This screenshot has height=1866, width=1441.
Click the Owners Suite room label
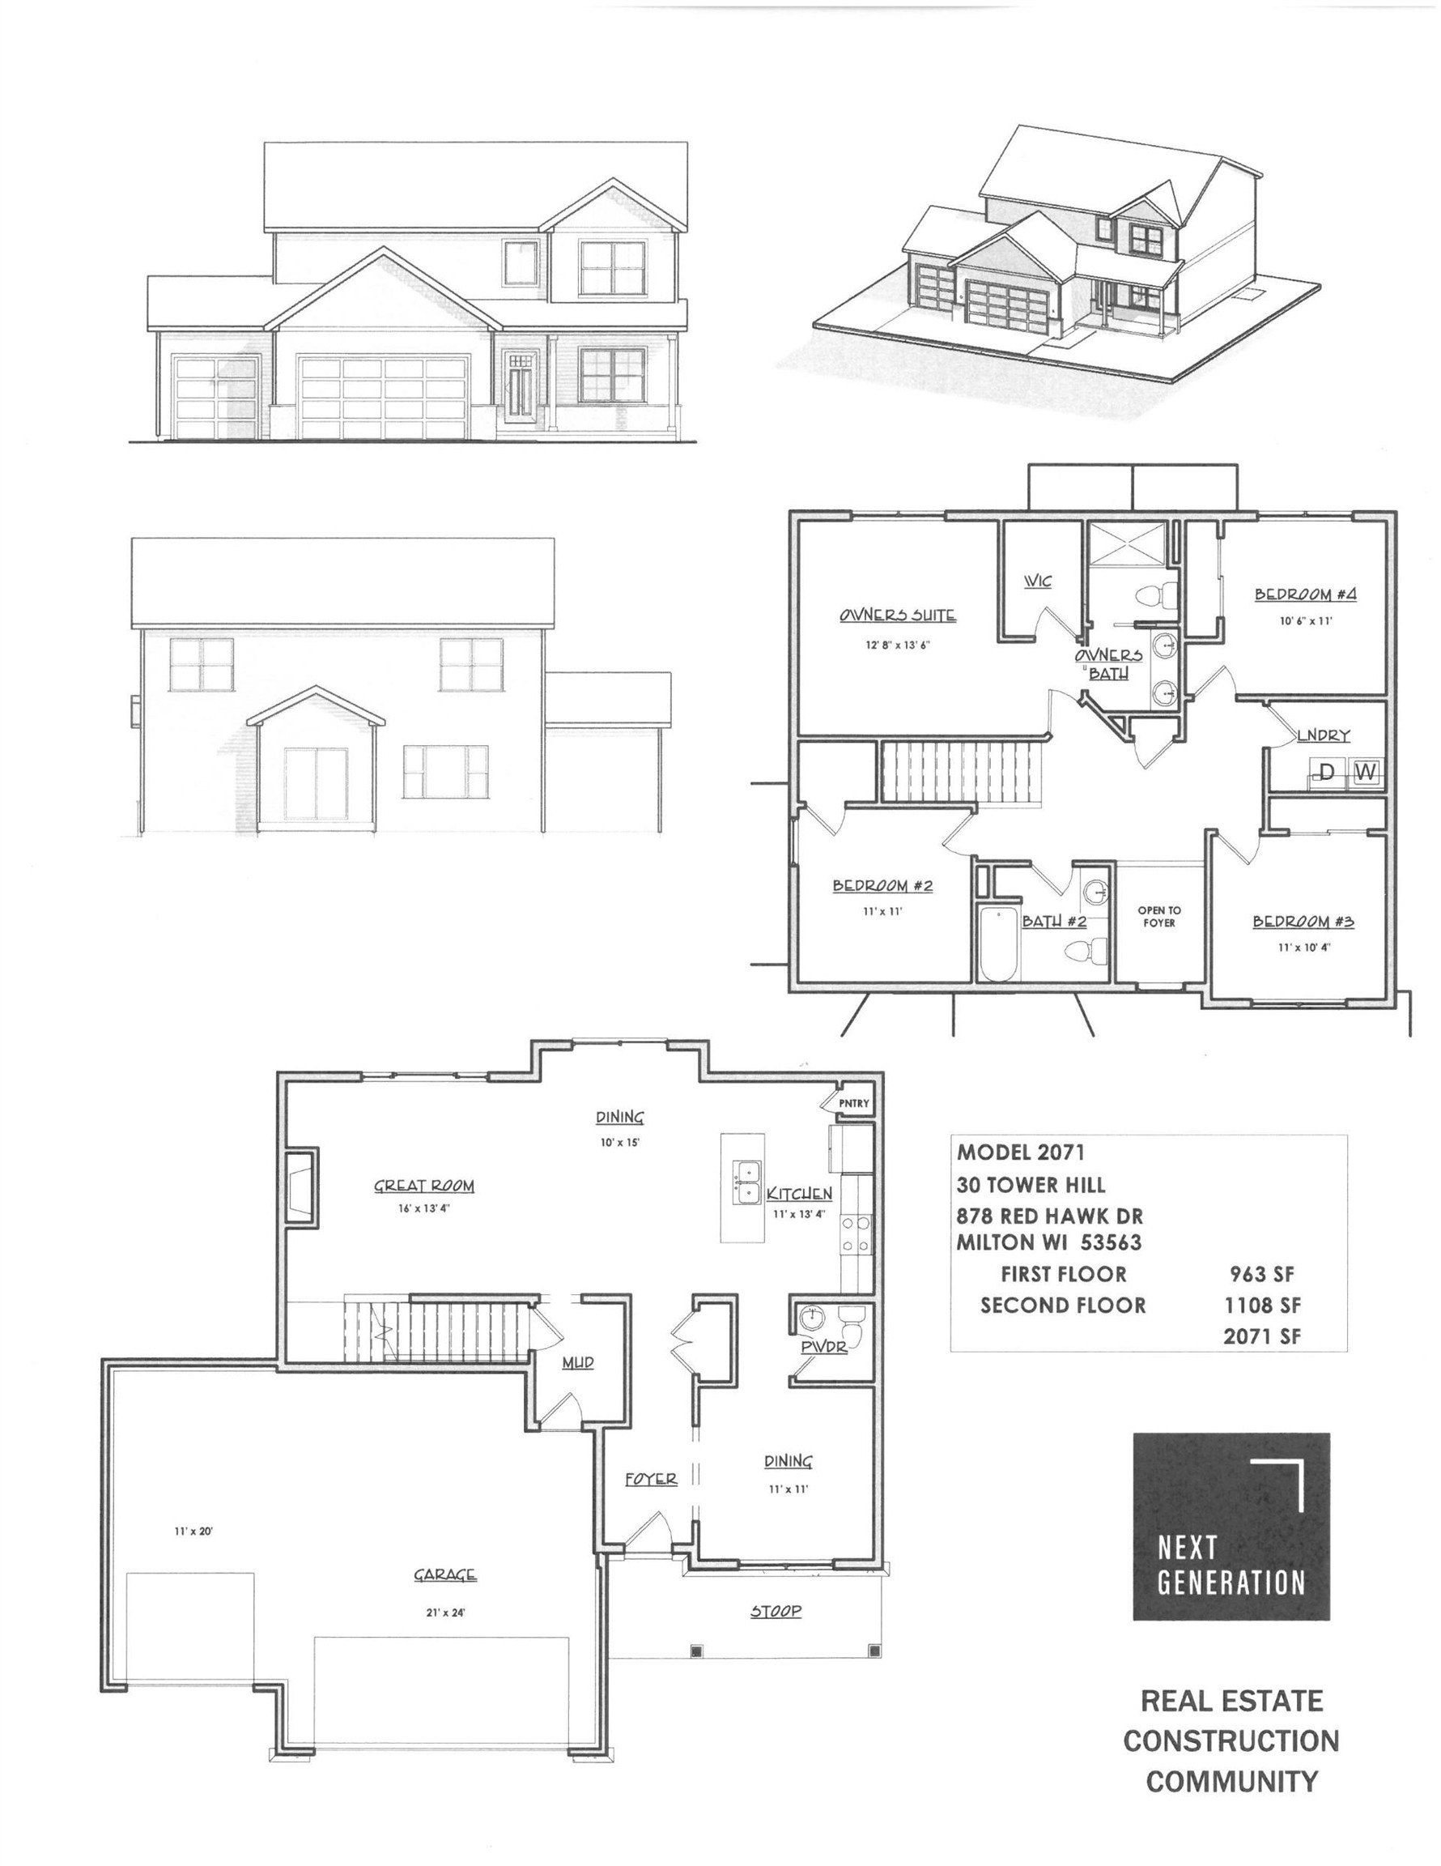point(896,616)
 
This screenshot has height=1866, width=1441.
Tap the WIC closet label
point(1037,581)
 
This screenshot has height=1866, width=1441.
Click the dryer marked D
point(1327,773)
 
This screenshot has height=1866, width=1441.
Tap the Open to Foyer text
point(1159,917)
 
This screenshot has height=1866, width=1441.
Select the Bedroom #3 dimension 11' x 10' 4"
point(1303,947)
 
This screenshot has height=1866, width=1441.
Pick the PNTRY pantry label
point(853,1104)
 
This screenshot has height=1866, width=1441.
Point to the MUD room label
point(577,1362)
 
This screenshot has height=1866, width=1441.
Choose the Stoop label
point(776,1612)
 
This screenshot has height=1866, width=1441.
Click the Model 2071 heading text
point(1022,1152)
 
